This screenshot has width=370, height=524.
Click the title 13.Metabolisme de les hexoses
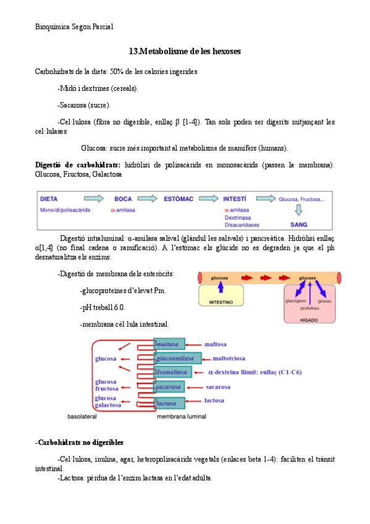(185, 51)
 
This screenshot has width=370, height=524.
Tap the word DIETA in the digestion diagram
(50, 199)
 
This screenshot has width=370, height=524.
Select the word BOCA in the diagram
(124, 199)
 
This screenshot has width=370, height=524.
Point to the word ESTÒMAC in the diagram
(179, 199)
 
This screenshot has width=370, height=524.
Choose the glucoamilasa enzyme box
(175, 358)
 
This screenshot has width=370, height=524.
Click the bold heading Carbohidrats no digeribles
(80, 442)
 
